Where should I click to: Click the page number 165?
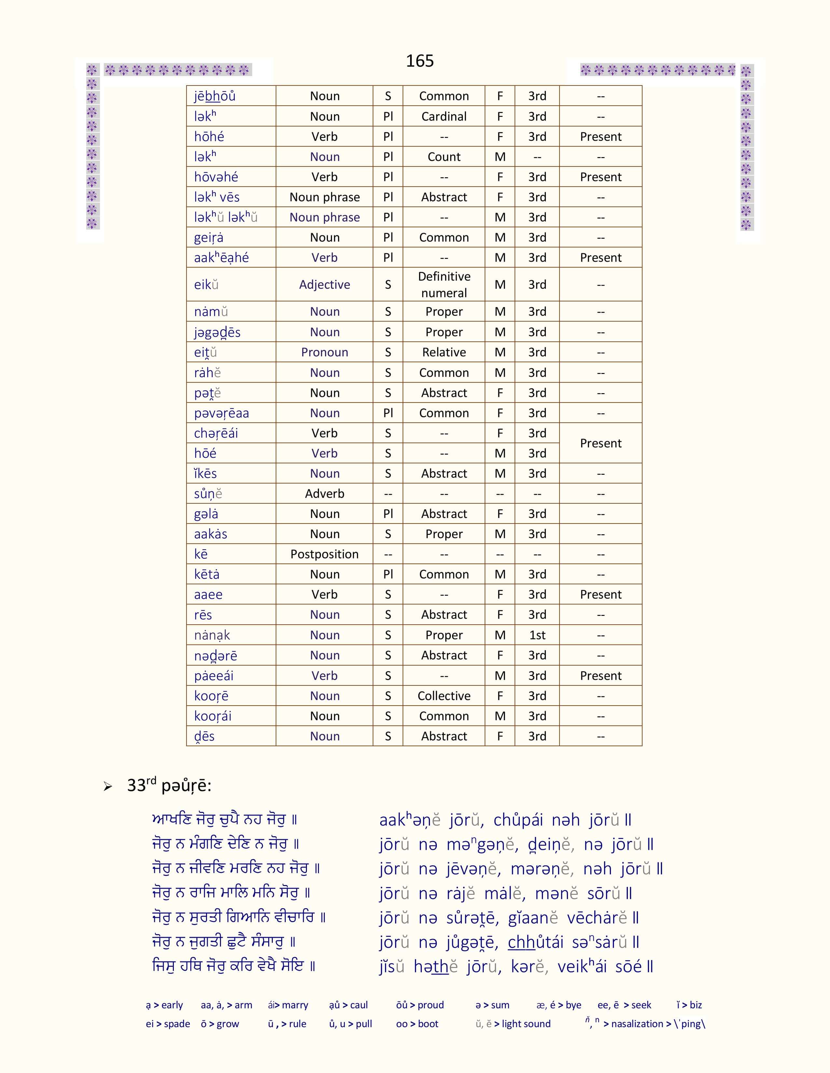tap(420, 61)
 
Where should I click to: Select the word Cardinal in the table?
tap(444, 116)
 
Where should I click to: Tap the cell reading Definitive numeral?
tap(444, 285)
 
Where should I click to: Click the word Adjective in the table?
tap(325, 285)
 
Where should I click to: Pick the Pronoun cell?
tap(325, 352)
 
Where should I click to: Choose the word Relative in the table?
tap(444, 352)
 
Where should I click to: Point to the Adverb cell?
tap(325, 494)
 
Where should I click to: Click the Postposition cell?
tap(325, 554)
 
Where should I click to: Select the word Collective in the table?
tap(444, 696)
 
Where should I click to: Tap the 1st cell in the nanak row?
tap(537, 635)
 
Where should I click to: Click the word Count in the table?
tap(444, 157)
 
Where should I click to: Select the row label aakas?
tap(211, 534)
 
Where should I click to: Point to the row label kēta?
tap(206, 574)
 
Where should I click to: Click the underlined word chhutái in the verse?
tap(535, 942)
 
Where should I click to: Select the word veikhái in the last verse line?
tap(582, 966)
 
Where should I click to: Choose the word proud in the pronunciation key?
tap(430, 1005)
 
